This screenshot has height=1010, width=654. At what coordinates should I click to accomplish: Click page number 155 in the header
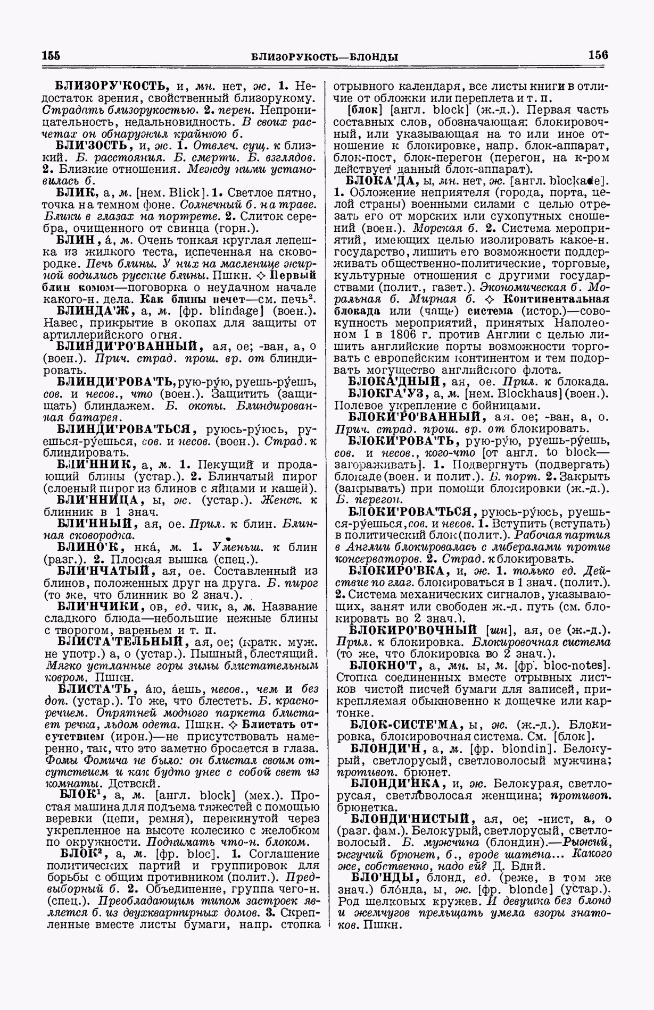pos(51,56)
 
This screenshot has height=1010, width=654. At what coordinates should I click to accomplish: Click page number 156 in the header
pos(598,55)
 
